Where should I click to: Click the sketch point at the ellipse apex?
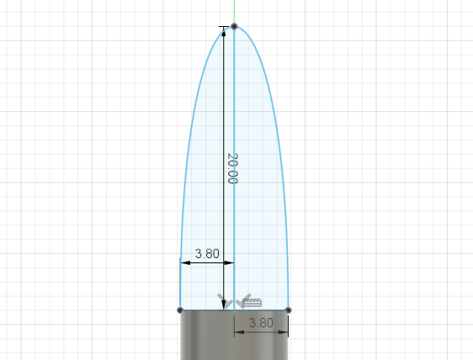pos(234,26)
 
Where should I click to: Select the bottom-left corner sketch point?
pos(180,310)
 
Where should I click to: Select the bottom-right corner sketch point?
pos(288,310)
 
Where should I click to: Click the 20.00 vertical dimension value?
pos(231,168)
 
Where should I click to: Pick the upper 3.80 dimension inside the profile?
pos(208,252)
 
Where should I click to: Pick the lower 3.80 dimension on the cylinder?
pos(262,322)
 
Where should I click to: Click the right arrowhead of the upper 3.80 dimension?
pos(229,262)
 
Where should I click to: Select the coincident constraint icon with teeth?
pos(250,299)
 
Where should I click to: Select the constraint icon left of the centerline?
pos(224,299)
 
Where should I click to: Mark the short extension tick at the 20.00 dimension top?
pos(226,27)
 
